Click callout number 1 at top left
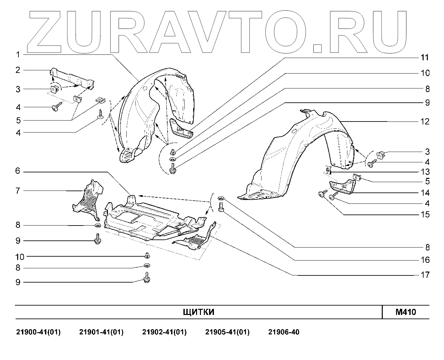coord(18,55)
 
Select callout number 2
coord(18,70)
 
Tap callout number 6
coord(18,171)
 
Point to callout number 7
coord(18,190)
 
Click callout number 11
coord(425,57)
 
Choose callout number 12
coord(425,122)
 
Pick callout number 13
coord(425,172)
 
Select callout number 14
coord(425,193)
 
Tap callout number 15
coord(425,215)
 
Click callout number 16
coord(425,260)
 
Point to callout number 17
coord(425,275)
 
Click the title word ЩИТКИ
coord(199,312)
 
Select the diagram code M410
coord(405,312)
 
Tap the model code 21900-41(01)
coord(38,332)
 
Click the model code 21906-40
coord(284,332)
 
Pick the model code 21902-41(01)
coord(164,332)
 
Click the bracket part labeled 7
coord(88,199)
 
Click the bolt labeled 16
coord(221,206)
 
